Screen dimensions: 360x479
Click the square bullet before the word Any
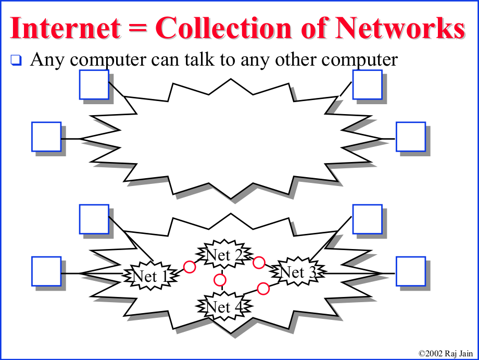tap(17, 60)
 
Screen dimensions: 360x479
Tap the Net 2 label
tap(223, 255)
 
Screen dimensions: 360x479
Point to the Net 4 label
tap(223, 306)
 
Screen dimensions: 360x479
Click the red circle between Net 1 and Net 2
tap(190, 267)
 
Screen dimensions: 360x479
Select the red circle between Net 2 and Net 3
tap(259, 262)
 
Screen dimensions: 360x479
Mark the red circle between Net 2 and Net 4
tap(220, 280)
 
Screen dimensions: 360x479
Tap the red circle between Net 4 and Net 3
tap(263, 288)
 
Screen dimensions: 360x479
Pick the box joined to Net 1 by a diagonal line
tap(94, 219)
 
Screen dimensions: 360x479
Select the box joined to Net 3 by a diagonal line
tap(367, 219)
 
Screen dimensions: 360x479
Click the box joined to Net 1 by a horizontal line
tap(46, 271)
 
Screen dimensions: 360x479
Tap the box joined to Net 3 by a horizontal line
tap(411, 271)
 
